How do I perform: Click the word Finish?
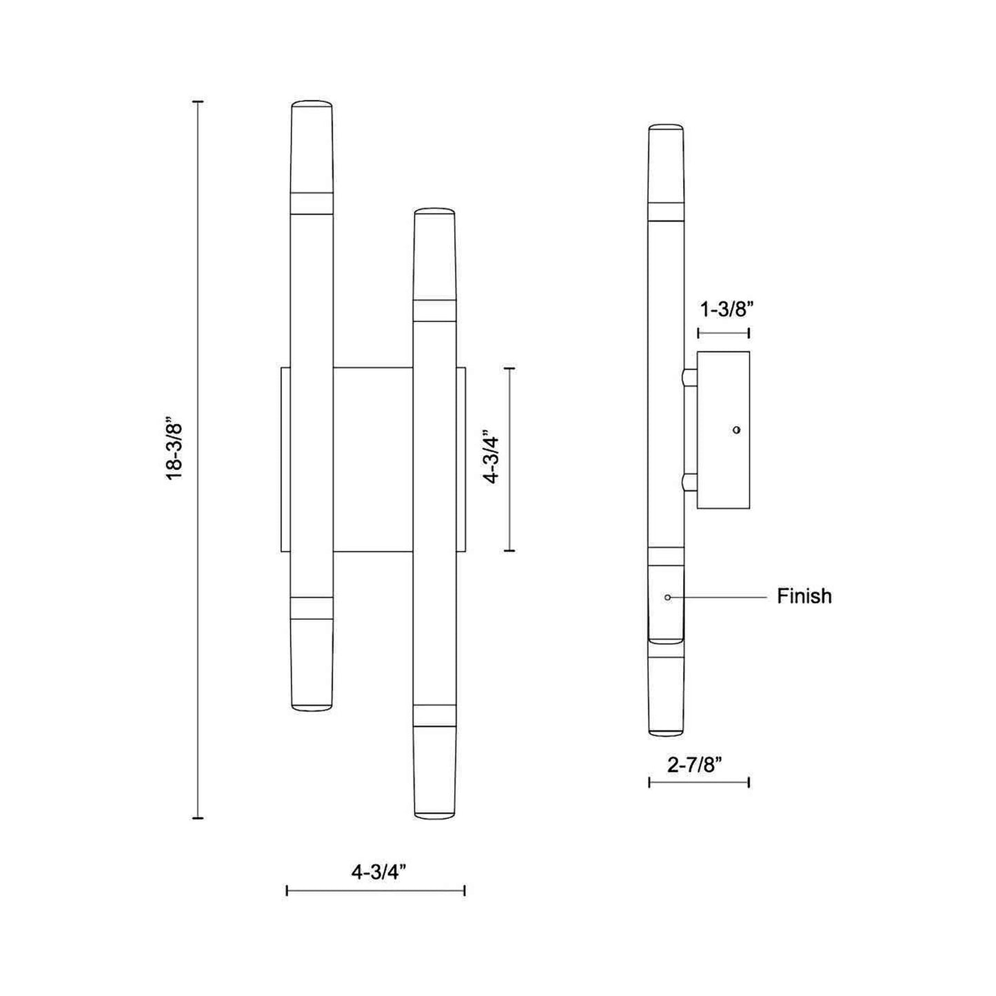point(804,596)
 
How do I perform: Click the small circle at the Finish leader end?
point(668,597)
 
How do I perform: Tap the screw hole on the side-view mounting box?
point(737,429)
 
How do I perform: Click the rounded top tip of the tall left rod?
point(312,102)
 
